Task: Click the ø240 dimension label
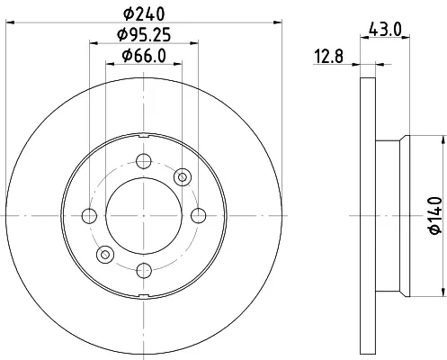(x=144, y=13)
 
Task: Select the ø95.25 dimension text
(x=144, y=34)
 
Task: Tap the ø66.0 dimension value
(x=144, y=56)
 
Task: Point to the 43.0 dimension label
(x=385, y=30)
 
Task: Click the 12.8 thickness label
(x=328, y=56)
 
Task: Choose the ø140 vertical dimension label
(x=435, y=215)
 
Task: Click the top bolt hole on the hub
(x=144, y=161)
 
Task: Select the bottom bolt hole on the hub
(x=144, y=270)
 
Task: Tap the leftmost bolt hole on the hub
(x=89, y=216)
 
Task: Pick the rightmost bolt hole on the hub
(x=199, y=216)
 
